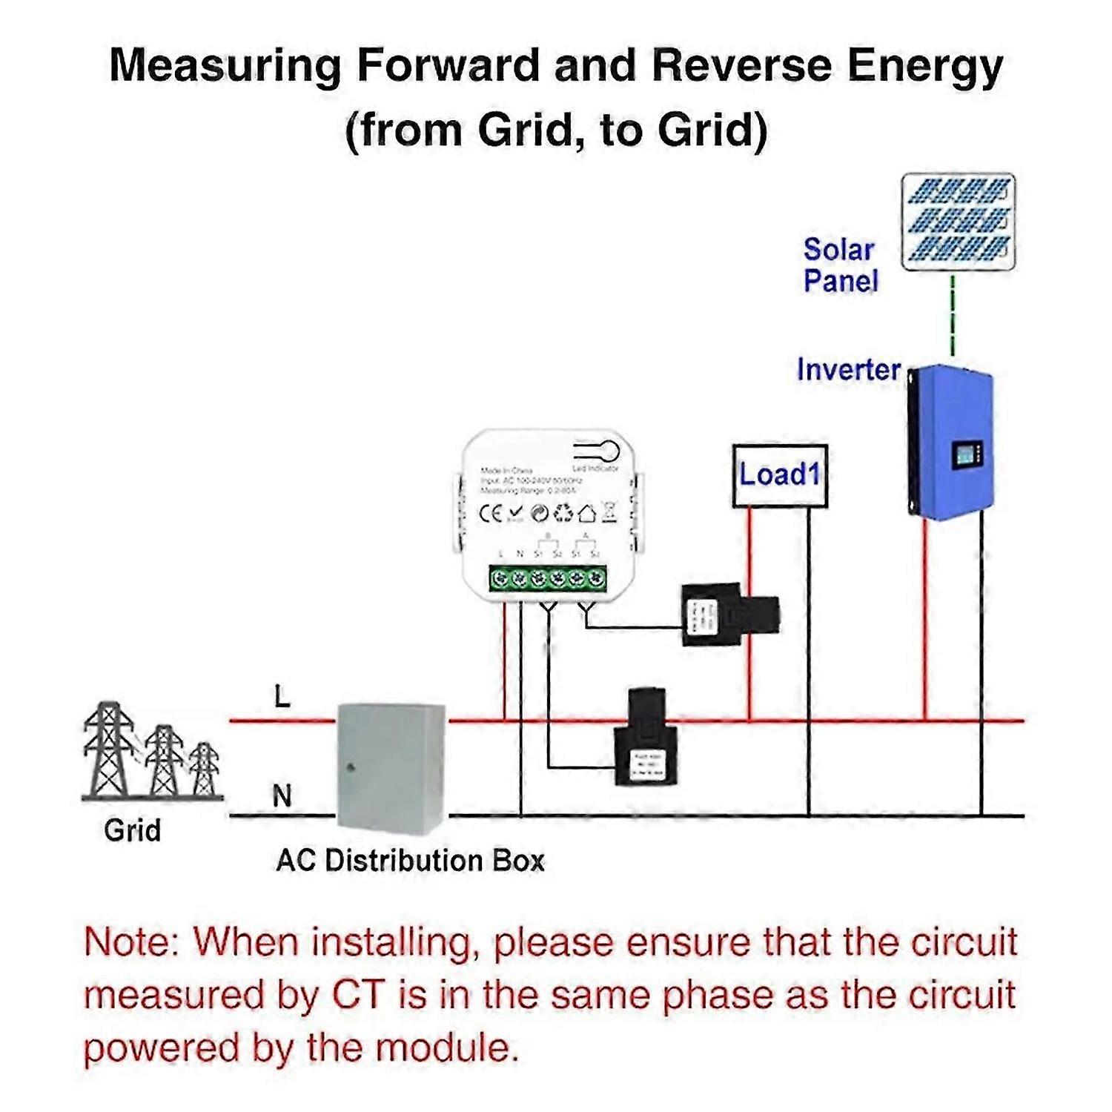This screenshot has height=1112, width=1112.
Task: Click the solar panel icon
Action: tap(958, 222)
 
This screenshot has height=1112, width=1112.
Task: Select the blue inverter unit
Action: tap(950, 441)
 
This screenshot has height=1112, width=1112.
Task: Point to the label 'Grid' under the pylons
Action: tap(132, 830)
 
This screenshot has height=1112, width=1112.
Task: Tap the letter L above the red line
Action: tap(282, 697)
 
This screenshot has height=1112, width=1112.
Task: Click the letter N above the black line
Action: tap(282, 796)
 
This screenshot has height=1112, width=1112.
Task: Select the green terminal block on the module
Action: tap(547, 577)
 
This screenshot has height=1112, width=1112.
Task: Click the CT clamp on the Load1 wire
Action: tap(730, 615)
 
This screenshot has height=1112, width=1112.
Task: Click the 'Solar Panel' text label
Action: tap(840, 265)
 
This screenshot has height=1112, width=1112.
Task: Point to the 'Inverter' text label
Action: tap(848, 369)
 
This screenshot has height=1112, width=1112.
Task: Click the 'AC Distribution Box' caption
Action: tap(410, 861)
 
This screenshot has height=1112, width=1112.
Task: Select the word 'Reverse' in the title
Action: tap(741, 65)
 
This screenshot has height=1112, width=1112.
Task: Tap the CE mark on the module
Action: tap(492, 513)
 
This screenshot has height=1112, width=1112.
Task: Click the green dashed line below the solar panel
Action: tap(953, 315)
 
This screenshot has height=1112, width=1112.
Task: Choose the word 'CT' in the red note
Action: tap(359, 995)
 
